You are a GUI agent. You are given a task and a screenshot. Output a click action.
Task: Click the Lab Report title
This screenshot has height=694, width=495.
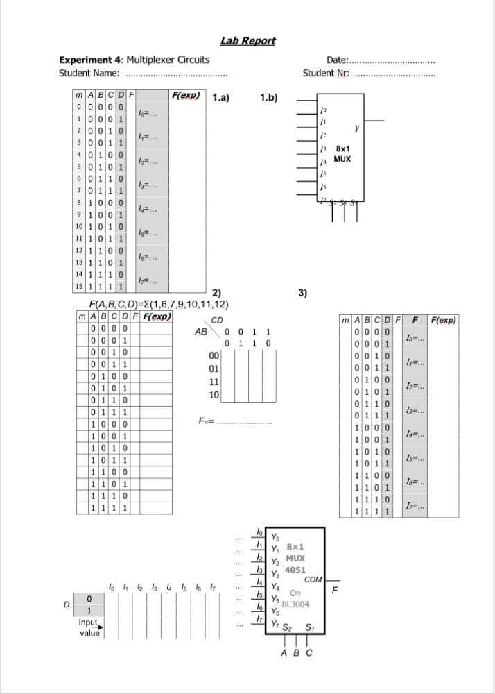[x=247, y=41]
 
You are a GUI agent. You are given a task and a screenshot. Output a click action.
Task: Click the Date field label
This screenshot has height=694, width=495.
[x=338, y=60]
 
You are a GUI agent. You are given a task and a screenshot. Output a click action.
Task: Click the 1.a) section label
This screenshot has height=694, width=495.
[x=222, y=97]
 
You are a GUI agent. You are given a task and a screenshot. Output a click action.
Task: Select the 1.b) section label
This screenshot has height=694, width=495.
[x=268, y=97]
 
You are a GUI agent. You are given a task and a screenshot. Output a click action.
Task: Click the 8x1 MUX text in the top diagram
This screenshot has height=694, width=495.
[x=342, y=153]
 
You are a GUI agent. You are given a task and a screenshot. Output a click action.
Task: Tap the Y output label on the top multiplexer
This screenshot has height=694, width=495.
[x=356, y=129]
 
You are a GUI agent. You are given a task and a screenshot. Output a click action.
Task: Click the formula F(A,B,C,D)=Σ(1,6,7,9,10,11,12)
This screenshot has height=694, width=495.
[x=159, y=304]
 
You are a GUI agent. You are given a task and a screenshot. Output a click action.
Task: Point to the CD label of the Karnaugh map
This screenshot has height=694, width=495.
[x=217, y=320]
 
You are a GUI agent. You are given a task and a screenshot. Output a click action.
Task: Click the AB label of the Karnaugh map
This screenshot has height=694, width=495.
[x=201, y=332]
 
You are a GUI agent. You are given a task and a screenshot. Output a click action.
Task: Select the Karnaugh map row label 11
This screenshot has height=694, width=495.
[x=214, y=382]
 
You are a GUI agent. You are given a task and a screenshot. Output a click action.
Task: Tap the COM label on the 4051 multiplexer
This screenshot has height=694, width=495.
[x=313, y=579]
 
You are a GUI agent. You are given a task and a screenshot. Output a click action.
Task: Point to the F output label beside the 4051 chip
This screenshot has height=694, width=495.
[x=336, y=591]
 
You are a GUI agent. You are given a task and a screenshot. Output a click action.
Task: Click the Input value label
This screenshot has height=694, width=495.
[x=89, y=627]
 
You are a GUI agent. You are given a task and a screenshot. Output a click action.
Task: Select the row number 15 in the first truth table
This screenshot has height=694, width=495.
[x=80, y=286]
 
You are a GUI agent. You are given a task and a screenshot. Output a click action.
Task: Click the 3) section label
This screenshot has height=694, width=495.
[x=302, y=292]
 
